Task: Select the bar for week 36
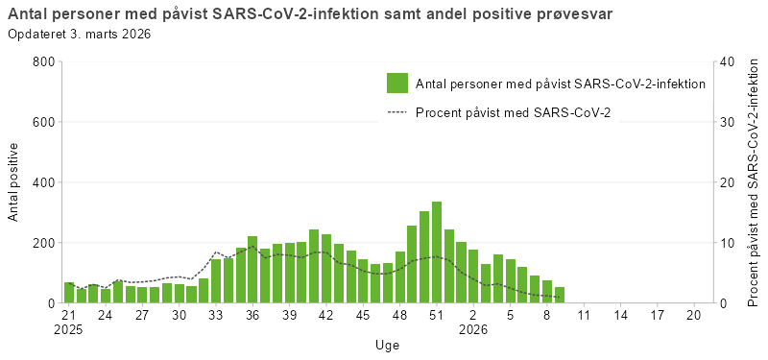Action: tap(252, 270)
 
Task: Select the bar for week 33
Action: tap(216, 281)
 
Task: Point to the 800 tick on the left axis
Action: tap(41, 61)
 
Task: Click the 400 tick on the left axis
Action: tap(41, 182)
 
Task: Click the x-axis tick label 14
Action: tap(620, 315)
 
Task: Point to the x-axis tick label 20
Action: tap(693, 315)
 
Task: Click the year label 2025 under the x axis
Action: tap(69, 329)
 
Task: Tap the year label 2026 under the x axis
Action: tap(473, 329)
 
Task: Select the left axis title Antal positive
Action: tap(13, 182)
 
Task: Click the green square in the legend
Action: tap(397, 84)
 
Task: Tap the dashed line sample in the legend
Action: tap(397, 112)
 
